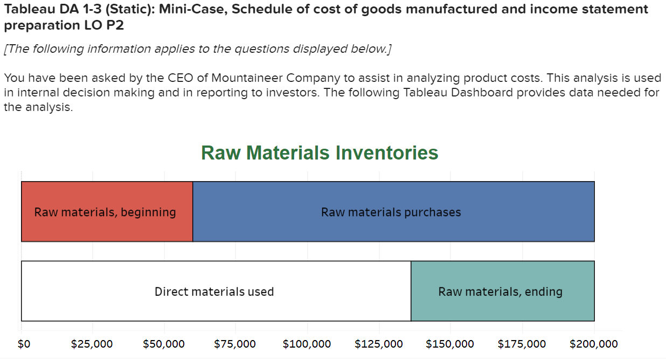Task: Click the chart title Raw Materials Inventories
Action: point(320,153)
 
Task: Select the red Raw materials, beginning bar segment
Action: point(107,212)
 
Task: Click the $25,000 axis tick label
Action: point(92,344)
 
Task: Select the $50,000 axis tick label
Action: point(164,344)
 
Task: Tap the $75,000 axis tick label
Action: point(235,344)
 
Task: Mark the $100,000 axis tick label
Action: point(307,344)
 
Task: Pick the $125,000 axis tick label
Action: point(379,344)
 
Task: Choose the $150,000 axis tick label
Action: point(450,344)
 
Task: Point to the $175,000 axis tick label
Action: point(522,344)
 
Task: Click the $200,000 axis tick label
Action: point(593,344)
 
